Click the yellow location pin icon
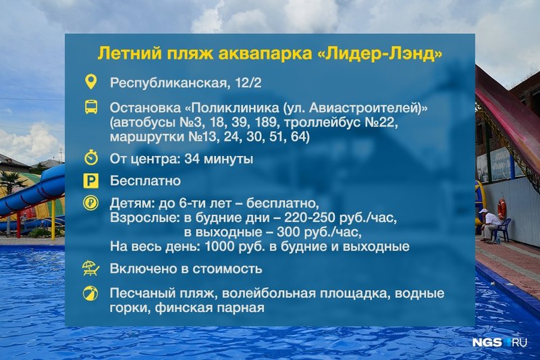[91, 82]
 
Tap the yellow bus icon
[91, 107]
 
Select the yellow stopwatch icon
[91, 158]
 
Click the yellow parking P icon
[91, 181]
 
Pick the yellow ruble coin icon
[91, 203]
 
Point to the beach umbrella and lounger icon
[91, 268]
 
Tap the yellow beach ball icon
[90, 294]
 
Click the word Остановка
[145, 108]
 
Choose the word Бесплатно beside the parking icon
[145, 181]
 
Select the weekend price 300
[289, 232]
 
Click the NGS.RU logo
[500, 342]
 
